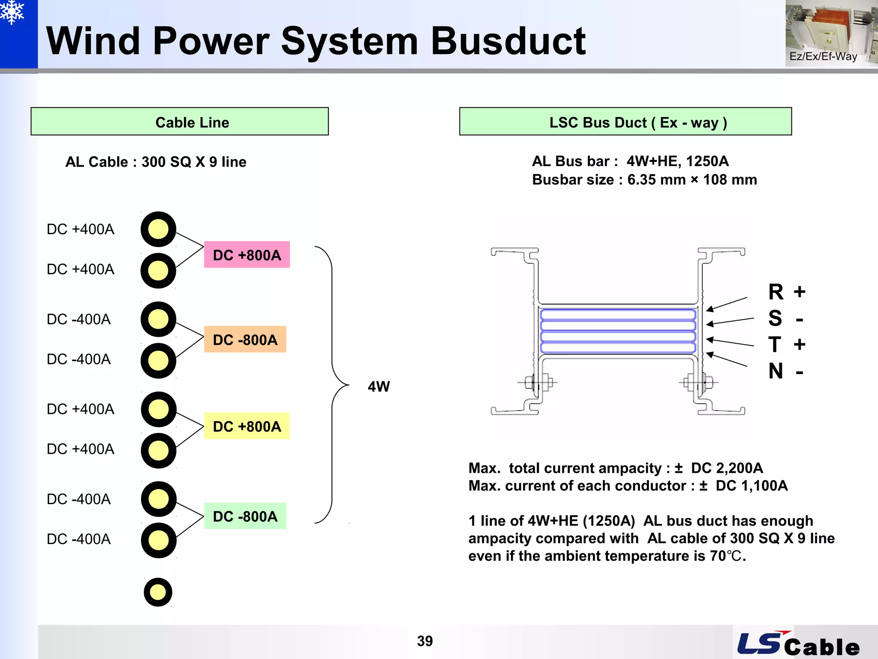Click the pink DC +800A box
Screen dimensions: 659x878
tap(247, 255)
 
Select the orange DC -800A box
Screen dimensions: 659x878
tap(245, 339)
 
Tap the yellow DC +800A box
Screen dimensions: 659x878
tap(247, 426)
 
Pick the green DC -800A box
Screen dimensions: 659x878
tap(245, 516)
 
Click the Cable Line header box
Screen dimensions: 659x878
tap(180, 122)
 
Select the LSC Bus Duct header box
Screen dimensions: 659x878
tap(625, 122)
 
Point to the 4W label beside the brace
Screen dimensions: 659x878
tap(379, 387)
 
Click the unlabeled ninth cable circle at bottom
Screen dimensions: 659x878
tap(158, 592)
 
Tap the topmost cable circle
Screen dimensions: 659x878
tap(158, 229)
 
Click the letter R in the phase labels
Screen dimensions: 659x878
tap(776, 292)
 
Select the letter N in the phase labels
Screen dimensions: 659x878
tap(776, 371)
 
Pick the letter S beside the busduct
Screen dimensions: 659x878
tap(775, 318)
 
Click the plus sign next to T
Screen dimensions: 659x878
tap(799, 345)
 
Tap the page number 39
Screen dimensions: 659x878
tap(425, 641)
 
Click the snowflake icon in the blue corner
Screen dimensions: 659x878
tap(12, 12)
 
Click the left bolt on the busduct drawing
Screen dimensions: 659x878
tap(537, 382)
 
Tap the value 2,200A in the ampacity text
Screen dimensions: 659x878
tap(739, 468)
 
